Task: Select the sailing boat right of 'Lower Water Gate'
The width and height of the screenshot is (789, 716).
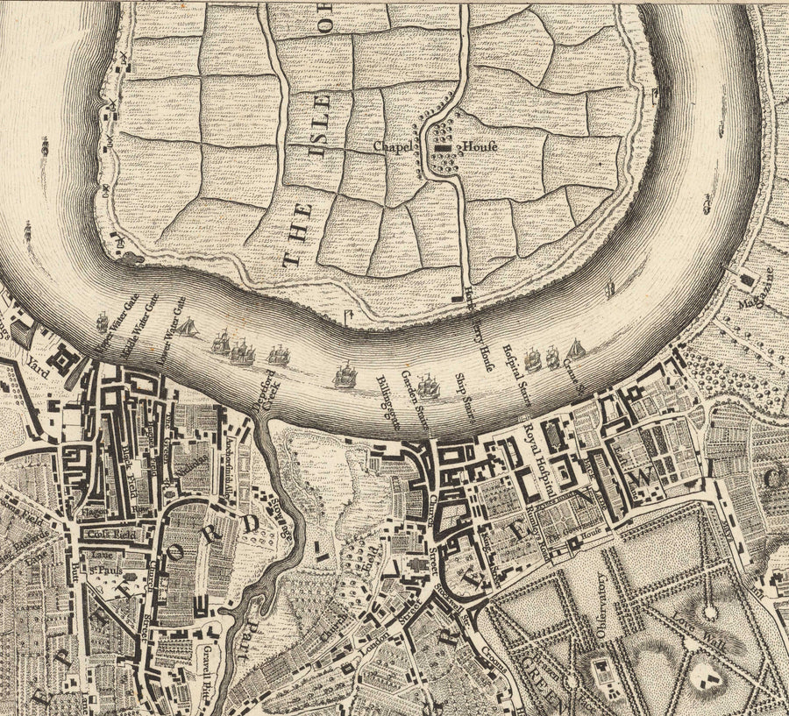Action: [187, 328]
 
